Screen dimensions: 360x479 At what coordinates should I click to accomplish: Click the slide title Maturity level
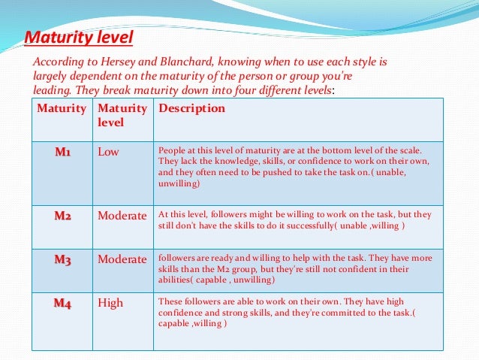(x=79, y=37)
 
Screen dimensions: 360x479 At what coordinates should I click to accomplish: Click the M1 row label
(x=62, y=152)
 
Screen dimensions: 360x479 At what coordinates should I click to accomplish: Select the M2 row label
(x=62, y=216)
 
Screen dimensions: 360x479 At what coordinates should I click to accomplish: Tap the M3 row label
(x=62, y=259)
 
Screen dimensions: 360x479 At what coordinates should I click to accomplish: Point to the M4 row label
(x=62, y=303)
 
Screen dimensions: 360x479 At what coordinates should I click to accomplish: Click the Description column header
(x=191, y=108)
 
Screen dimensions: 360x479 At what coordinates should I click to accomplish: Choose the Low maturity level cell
(x=109, y=152)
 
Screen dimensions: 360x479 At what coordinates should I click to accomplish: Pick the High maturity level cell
(x=110, y=303)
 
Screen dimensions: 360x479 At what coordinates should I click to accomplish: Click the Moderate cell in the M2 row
(x=122, y=216)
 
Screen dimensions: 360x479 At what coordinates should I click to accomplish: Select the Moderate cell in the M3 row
(x=122, y=259)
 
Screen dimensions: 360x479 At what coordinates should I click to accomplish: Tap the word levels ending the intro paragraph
(x=313, y=90)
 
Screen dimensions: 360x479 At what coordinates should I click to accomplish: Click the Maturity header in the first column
(x=62, y=108)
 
